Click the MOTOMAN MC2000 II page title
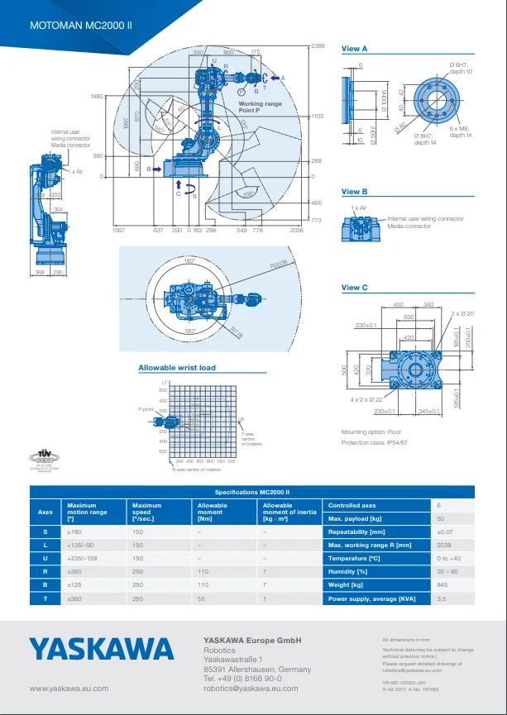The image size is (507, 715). [x=81, y=26]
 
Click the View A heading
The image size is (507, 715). [x=354, y=50]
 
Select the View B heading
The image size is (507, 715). [x=354, y=192]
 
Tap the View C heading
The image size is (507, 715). [x=354, y=288]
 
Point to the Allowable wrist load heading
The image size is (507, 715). [x=176, y=368]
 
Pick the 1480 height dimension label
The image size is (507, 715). [x=97, y=97]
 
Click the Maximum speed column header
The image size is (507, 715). [x=146, y=508]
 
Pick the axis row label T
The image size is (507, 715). [x=45, y=598]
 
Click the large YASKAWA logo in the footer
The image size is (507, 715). [x=102, y=649]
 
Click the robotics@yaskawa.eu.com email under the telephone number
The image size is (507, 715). [x=251, y=688]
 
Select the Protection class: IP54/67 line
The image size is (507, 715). [x=374, y=442]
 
